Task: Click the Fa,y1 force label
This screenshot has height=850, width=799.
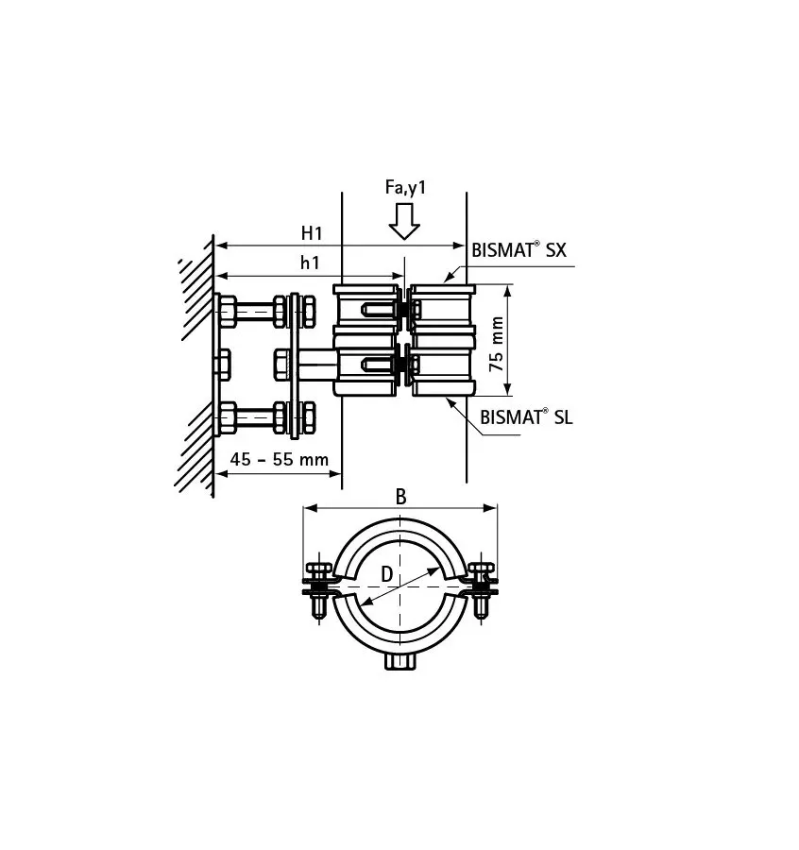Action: [x=405, y=189]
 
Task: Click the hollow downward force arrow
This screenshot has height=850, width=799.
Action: [x=405, y=223]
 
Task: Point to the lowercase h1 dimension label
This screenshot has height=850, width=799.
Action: [x=310, y=263]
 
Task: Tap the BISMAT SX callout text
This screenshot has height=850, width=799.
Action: [x=518, y=251]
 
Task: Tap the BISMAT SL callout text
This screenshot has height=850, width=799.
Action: [x=526, y=416]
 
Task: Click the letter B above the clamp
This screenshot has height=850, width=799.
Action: [x=400, y=498]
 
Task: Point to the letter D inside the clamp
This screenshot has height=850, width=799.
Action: [x=387, y=573]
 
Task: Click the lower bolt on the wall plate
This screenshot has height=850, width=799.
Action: [x=250, y=415]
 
